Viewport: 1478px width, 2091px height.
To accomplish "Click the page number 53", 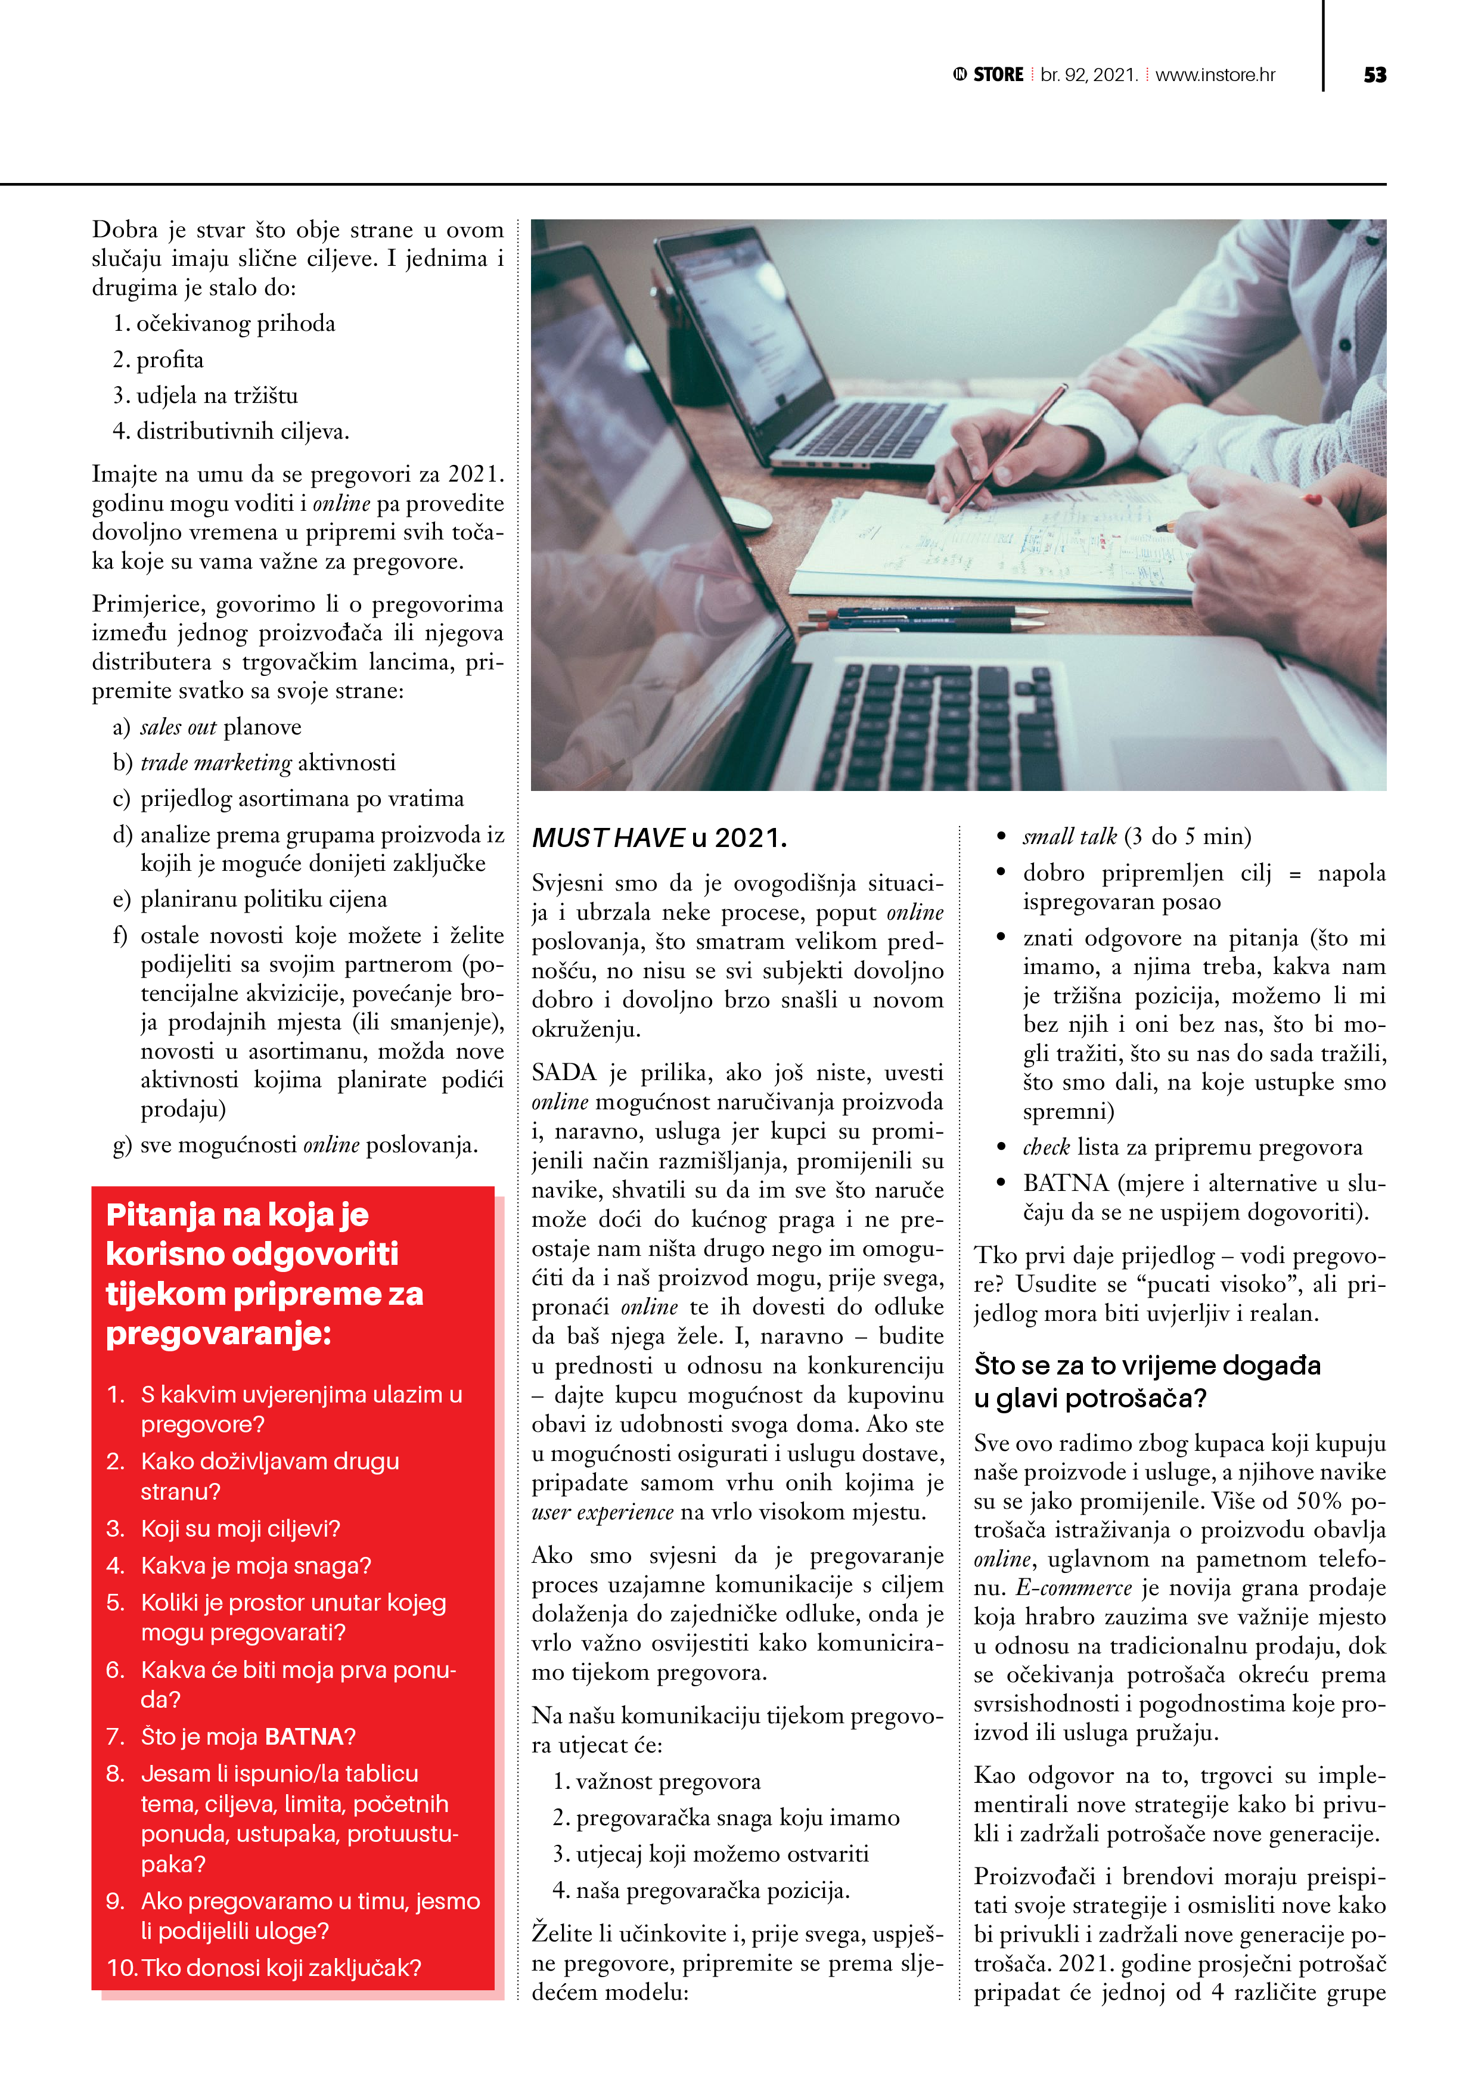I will pos(1374,76).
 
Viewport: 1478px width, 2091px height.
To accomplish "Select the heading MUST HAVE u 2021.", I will pos(659,838).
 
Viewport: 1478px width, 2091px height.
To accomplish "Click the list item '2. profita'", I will pos(159,360).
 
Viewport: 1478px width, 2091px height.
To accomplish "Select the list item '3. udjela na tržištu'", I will pos(206,395).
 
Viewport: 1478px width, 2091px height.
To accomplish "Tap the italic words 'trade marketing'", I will pos(216,762).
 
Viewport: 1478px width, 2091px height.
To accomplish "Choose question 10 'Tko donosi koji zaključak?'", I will pos(264,1968).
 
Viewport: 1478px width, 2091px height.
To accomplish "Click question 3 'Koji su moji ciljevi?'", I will pos(240,1528).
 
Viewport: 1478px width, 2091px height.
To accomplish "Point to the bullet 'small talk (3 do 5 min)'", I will pos(1137,836).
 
